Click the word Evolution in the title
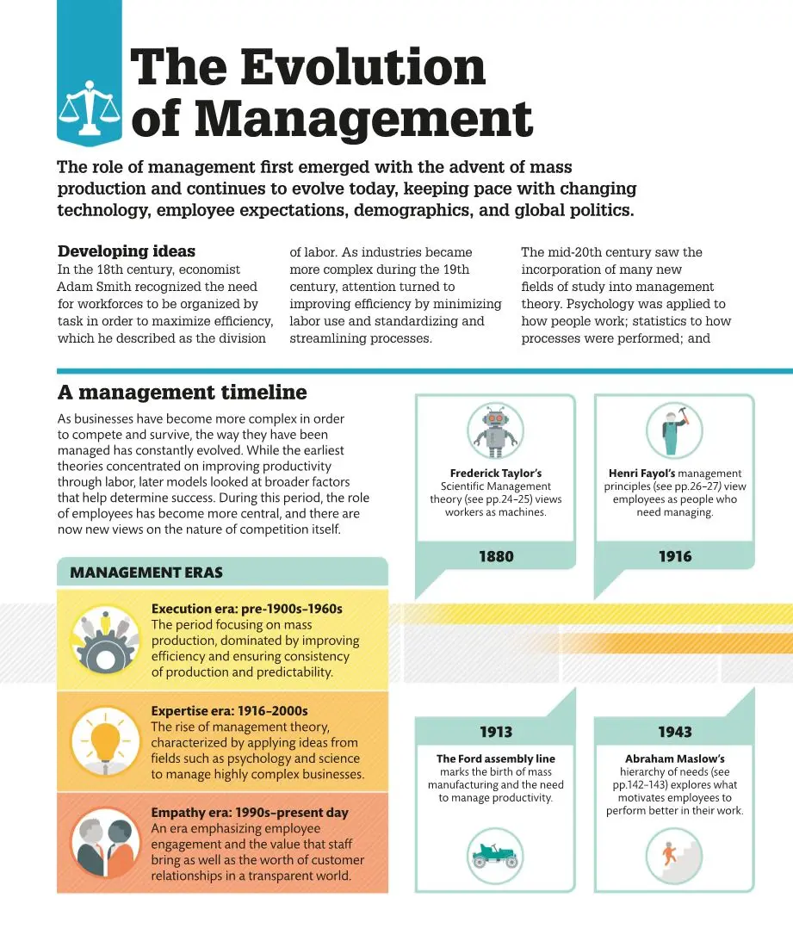362,66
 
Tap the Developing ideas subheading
126,251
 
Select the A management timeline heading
182,393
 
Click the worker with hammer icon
674,430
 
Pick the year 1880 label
495,556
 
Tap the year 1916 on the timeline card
674,556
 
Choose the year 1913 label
495,732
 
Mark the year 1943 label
674,732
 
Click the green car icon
495,854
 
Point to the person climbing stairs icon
674,854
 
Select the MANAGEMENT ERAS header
146,573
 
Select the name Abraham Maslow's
674,758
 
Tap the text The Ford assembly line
495,758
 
